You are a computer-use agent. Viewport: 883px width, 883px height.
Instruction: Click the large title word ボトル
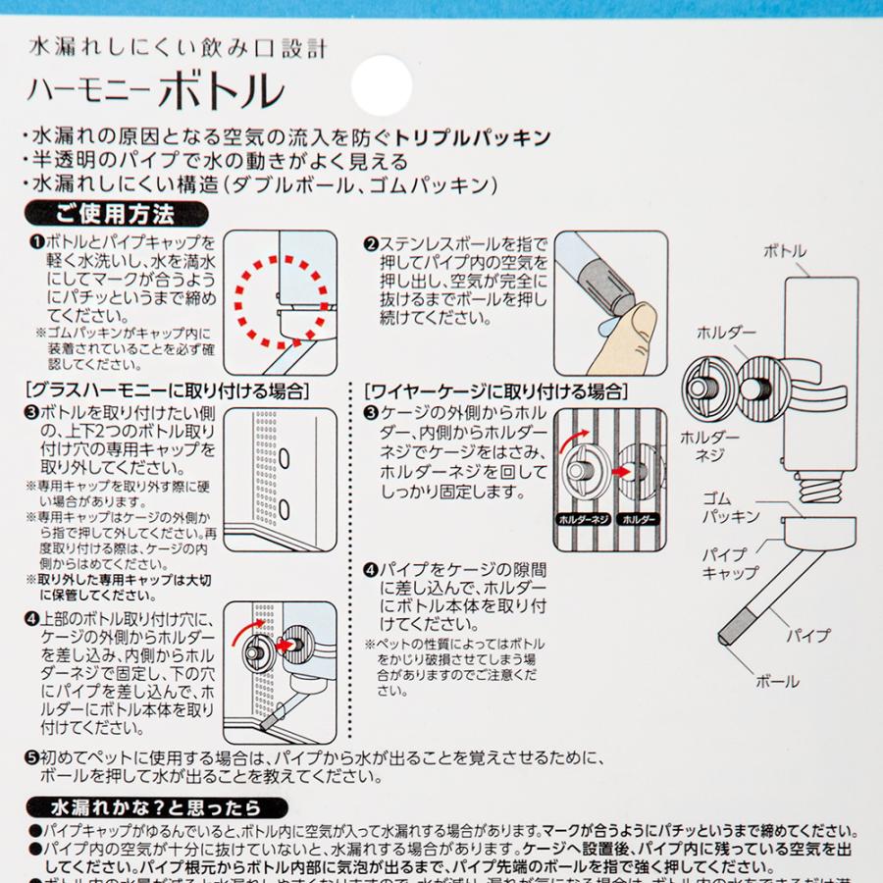click(222, 92)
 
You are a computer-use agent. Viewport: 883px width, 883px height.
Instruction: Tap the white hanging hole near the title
click(381, 85)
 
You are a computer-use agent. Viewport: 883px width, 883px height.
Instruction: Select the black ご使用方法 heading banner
click(116, 213)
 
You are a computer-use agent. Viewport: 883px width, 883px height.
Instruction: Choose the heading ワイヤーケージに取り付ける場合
click(495, 390)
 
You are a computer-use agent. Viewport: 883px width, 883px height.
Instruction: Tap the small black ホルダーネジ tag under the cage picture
click(581, 517)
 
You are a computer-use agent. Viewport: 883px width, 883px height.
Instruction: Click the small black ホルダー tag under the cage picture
click(639, 517)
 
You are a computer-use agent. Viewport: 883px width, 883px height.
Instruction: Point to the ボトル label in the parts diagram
click(784, 252)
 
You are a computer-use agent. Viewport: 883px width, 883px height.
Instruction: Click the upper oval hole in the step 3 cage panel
click(285, 457)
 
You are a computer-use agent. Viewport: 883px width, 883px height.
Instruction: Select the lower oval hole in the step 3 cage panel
click(285, 507)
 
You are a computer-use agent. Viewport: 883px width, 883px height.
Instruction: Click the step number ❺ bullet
click(31, 757)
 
